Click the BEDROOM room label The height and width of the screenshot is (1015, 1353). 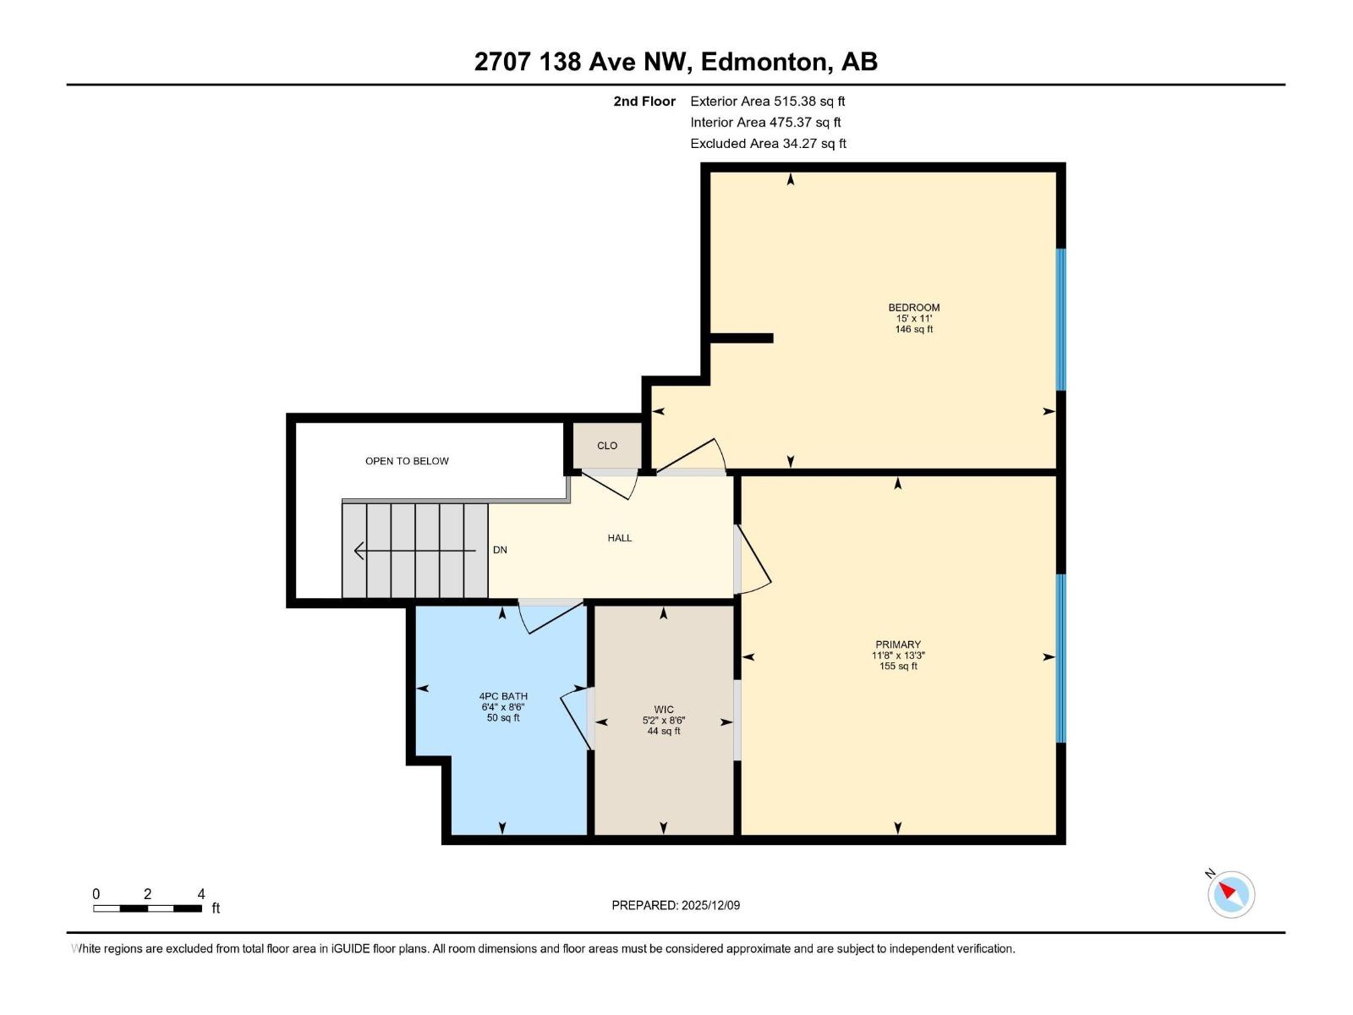[x=913, y=307]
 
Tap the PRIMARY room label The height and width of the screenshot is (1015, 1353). [x=898, y=645]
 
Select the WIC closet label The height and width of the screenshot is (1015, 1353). [x=664, y=710]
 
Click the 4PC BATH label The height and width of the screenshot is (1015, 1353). [x=503, y=696]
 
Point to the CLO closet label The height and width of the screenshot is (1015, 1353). [x=607, y=446]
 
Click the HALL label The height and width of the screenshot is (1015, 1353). [x=620, y=538]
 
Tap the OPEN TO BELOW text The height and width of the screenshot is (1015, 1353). [x=407, y=461]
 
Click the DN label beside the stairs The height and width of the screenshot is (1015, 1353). [x=500, y=550]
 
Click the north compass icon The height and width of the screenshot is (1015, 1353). [x=1230, y=893]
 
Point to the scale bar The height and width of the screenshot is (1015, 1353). [x=148, y=908]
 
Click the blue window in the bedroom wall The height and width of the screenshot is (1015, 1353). [x=1060, y=319]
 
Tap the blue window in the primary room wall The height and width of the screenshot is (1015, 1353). [x=1060, y=658]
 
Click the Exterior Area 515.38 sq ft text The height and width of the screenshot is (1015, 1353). [x=768, y=101]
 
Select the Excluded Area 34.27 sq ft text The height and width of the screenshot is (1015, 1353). [x=768, y=144]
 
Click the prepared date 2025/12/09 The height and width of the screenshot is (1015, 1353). [x=710, y=905]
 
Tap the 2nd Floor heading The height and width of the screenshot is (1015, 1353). [x=644, y=101]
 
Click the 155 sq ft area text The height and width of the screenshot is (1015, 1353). [x=898, y=667]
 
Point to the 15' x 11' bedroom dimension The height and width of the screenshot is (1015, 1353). [x=913, y=319]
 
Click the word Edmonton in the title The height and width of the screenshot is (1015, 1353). [x=764, y=62]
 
